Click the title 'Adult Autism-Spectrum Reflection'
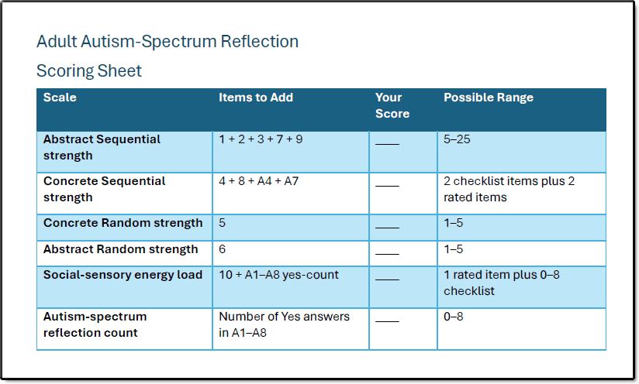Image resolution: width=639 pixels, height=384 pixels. click(x=168, y=42)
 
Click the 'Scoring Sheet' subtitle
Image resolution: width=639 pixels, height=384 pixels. click(x=89, y=70)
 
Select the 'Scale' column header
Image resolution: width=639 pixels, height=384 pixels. click(x=60, y=98)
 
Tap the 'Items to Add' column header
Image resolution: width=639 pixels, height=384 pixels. click(x=256, y=98)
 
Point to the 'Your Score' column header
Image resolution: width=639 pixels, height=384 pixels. click(x=392, y=105)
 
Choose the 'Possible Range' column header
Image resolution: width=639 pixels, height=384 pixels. click(x=489, y=98)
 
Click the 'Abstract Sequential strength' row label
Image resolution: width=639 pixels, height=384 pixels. click(x=102, y=147)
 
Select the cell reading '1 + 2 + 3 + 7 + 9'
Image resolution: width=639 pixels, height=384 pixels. click(x=261, y=139)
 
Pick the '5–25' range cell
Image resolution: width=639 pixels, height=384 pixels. click(x=457, y=139)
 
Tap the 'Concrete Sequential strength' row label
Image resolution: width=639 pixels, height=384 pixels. click(x=105, y=189)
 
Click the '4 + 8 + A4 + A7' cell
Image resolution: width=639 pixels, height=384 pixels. click(x=259, y=181)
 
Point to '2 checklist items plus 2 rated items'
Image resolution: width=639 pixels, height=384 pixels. click(x=509, y=189)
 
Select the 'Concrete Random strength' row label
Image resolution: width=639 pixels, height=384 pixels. click(x=123, y=223)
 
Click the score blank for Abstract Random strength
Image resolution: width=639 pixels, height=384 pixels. click(x=387, y=254)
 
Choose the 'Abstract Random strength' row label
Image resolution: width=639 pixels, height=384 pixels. click(x=121, y=249)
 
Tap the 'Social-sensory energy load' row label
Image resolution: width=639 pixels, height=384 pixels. click(x=123, y=275)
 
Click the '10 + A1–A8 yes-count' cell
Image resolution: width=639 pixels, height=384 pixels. click(x=278, y=275)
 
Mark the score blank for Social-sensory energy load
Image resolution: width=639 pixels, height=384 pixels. click(x=387, y=279)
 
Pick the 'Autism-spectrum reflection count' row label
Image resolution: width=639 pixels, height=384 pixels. click(x=95, y=324)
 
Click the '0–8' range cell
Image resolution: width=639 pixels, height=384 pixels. click(x=454, y=317)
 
